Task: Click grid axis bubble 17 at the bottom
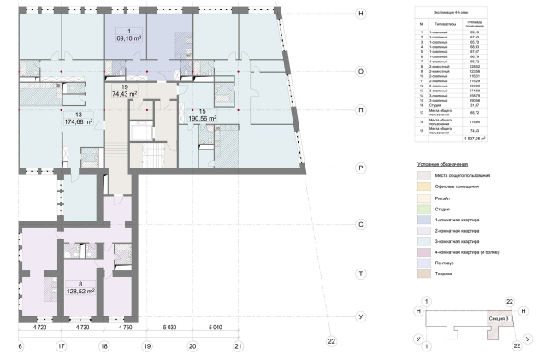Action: [61, 346]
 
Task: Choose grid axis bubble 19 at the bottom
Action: [147, 346]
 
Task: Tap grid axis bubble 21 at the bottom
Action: [239, 346]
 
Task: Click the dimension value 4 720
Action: [39, 328]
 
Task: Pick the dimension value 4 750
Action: [126, 328]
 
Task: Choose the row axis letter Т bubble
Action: [362, 273]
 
